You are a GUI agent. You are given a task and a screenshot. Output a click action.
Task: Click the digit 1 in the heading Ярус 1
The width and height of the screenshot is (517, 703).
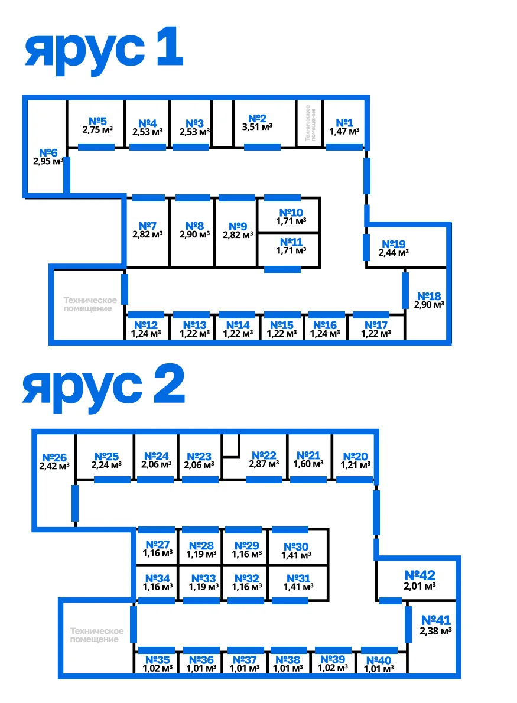pyautogui.click(x=170, y=46)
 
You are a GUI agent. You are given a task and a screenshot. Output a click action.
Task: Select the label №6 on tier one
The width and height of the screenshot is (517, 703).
pyautogui.click(x=48, y=153)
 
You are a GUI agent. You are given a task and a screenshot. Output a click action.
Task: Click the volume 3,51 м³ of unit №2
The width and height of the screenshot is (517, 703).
pyautogui.click(x=258, y=127)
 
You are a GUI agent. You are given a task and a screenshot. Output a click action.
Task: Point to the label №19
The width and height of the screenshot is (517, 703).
pyautogui.click(x=394, y=244)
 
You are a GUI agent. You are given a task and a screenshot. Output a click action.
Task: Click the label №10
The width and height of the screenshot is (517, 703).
pyautogui.click(x=291, y=212)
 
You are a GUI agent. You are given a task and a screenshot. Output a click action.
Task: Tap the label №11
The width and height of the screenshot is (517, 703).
pyautogui.click(x=291, y=242)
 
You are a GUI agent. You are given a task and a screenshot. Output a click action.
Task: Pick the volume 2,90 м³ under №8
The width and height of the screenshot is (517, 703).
pyautogui.click(x=194, y=235)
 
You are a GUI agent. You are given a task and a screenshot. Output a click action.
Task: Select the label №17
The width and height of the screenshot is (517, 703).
pyautogui.click(x=376, y=325)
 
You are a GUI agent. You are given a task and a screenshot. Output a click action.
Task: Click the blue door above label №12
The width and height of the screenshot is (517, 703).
pyautogui.click(x=146, y=315)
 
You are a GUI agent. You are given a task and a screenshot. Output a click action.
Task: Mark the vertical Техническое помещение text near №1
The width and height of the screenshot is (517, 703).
pyautogui.click(x=310, y=123)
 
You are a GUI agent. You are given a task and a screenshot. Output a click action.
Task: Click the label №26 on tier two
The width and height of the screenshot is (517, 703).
pyautogui.click(x=54, y=457)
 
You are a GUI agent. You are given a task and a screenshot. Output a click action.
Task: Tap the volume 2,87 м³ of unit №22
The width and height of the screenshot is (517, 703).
pyautogui.click(x=264, y=464)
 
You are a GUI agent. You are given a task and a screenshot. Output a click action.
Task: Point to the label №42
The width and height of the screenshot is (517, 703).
pyautogui.click(x=420, y=575)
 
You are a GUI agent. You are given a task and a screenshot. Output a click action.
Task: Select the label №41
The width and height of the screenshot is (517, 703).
pyautogui.click(x=436, y=620)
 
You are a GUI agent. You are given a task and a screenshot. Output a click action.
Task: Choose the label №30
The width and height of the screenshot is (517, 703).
pyautogui.click(x=296, y=546)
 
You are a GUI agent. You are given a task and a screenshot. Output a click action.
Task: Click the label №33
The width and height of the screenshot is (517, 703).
pyautogui.click(x=204, y=578)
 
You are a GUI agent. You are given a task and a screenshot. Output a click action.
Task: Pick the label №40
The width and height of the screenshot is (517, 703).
pyautogui.click(x=379, y=660)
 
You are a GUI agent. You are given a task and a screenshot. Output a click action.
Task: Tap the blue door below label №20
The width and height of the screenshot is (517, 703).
pyautogui.click(x=355, y=480)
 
